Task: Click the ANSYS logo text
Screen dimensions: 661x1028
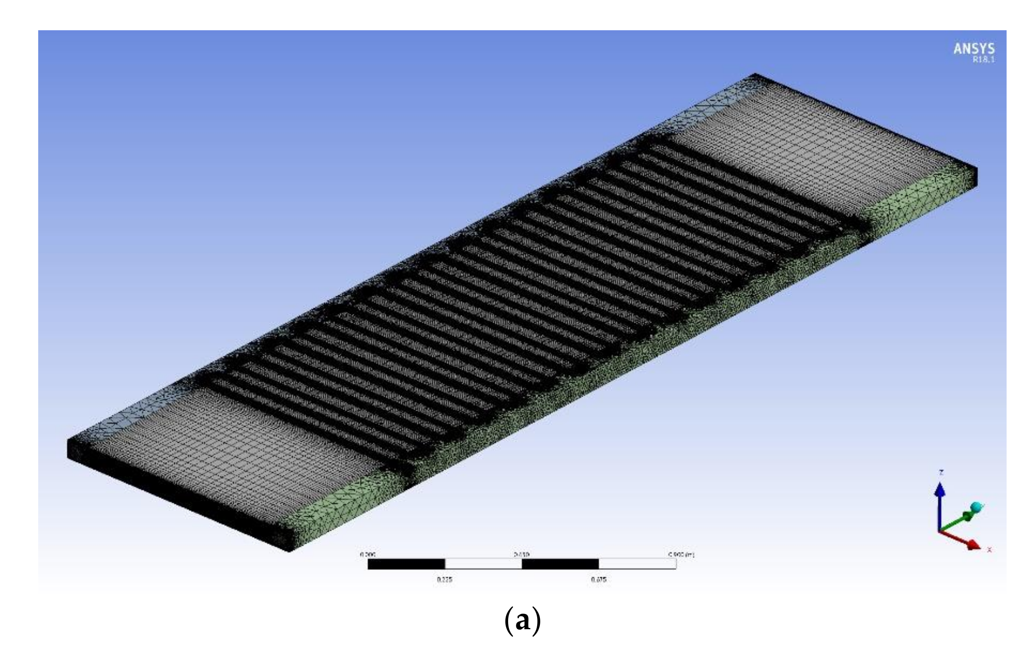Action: pyautogui.click(x=973, y=48)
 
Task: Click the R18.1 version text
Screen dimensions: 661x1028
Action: pyautogui.click(x=983, y=60)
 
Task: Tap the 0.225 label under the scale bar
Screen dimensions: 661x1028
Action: pyautogui.click(x=444, y=579)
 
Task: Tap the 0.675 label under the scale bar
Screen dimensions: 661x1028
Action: pyautogui.click(x=598, y=579)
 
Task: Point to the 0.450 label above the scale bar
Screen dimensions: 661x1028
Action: pyautogui.click(x=522, y=555)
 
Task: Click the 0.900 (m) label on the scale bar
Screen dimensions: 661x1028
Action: pyautogui.click(x=681, y=555)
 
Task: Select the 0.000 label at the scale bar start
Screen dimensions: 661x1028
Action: pyautogui.click(x=368, y=555)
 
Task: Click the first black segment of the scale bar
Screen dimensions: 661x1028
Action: pyautogui.click(x=406, y=564)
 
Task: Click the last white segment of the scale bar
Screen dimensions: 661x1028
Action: pyautogui.click(x=637, y=564)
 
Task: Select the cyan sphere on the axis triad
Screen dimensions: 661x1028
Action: pyautogui.click(x=977, y=507)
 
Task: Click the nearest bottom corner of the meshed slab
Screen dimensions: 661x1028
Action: pyautogui.click(x=289, y=551)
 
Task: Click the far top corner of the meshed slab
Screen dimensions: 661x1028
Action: pyautogui.click(x=755, y=74)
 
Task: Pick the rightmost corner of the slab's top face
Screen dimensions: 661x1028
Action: pyautogui.click(x=977, y=168)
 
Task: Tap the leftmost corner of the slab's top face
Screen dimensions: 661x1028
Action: pyautogui.click(x=68, y=440)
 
